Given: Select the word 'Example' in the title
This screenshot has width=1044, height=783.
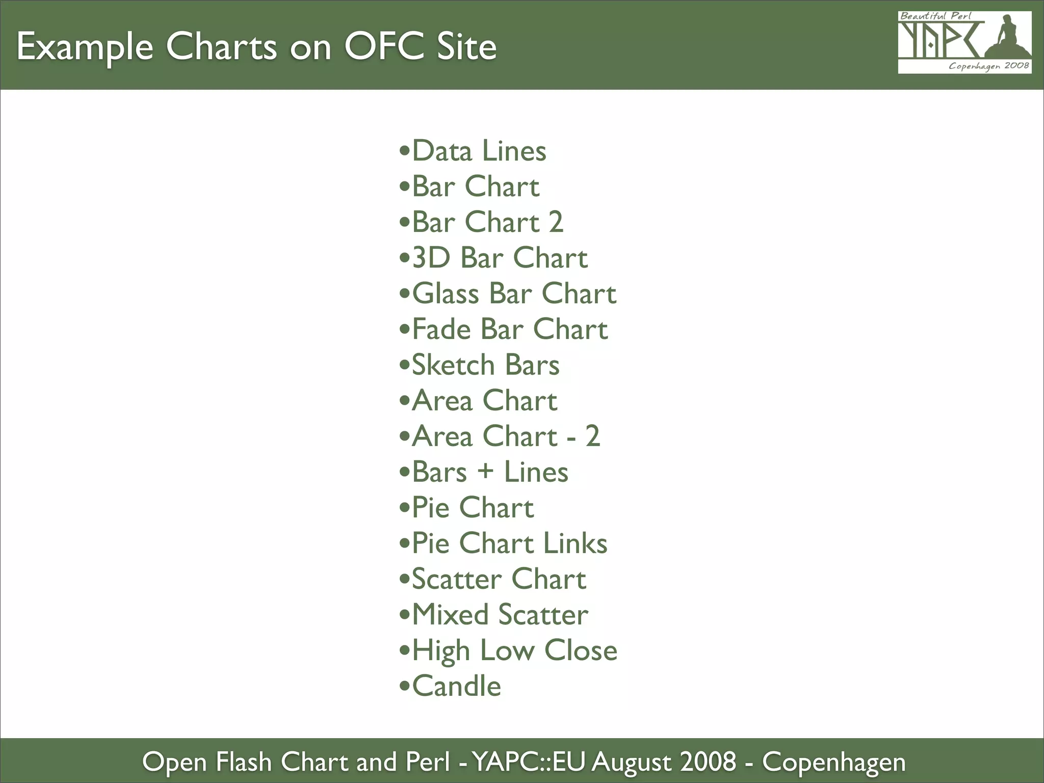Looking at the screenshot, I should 85,47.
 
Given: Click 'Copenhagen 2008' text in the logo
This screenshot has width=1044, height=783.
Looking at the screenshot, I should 988,66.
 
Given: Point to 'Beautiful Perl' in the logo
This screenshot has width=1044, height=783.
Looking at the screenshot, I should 935,16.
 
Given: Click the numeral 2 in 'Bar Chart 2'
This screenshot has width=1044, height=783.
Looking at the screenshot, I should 556,222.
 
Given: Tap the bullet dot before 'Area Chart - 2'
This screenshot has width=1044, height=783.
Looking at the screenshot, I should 404,436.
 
